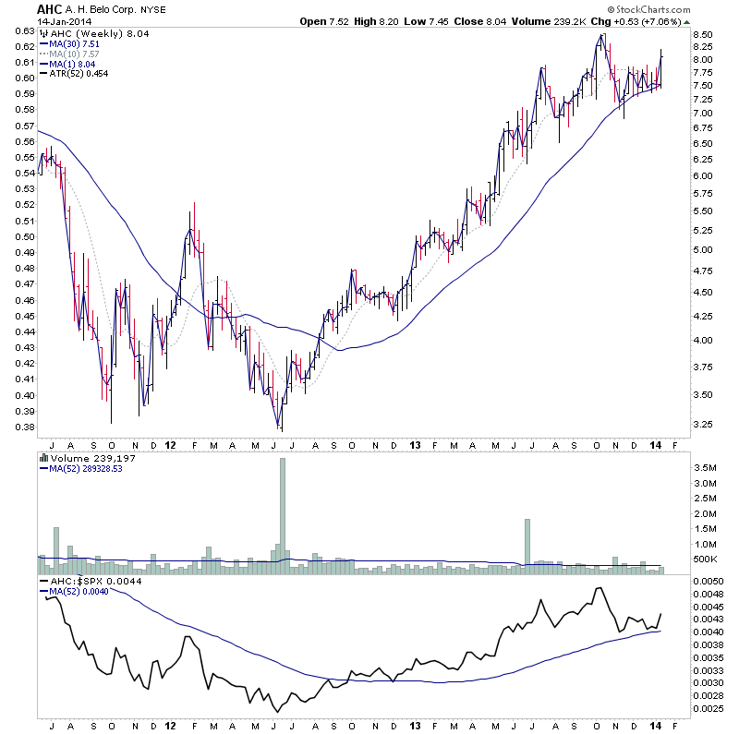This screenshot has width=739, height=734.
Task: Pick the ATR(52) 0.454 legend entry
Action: [x=82, y=73]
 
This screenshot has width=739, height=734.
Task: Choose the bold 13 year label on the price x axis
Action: [x=409, y=445]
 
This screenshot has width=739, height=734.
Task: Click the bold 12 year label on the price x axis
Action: [x=169, y=445]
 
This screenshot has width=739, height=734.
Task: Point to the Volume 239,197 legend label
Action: [x=93, y=456]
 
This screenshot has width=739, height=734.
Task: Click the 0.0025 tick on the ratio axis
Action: [x=712, y=708]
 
